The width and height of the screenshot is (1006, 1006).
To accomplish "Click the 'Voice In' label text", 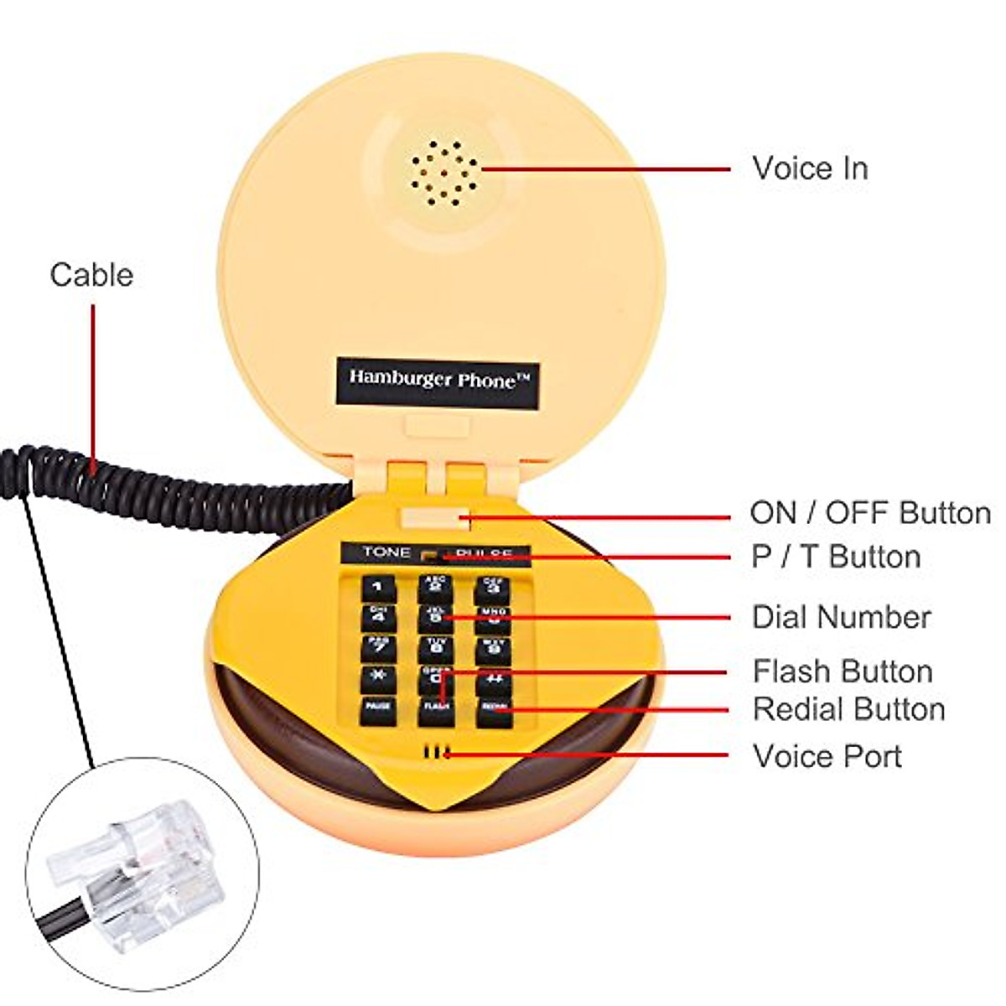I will [x=809, y=169].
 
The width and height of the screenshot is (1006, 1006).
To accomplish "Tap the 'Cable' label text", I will [x=91, y=275].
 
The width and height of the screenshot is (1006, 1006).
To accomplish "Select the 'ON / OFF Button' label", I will [x=869, y=512].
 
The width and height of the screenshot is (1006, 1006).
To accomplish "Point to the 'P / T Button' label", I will [x=836, y=557].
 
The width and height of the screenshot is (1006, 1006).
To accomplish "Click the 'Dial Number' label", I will [x=841, y=617].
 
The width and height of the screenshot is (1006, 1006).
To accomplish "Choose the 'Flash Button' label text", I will [x=842, y=672].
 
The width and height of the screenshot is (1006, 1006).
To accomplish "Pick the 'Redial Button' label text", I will [x=848, y=709].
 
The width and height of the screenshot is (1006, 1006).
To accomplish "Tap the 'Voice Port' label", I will [x=827, y=756].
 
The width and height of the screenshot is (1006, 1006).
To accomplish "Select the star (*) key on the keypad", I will [x=377, y=677].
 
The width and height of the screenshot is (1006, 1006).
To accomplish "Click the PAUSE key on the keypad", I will [x=376, y=709].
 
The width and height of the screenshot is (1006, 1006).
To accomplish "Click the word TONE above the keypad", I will [x=386, y=552].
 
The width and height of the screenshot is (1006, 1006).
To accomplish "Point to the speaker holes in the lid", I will [x=443, y=174].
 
